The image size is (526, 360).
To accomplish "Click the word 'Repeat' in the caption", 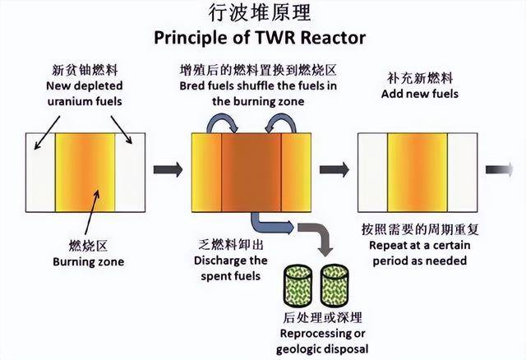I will click(x=380, y=245).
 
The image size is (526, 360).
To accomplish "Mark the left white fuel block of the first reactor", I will click(x=41, y=171).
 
